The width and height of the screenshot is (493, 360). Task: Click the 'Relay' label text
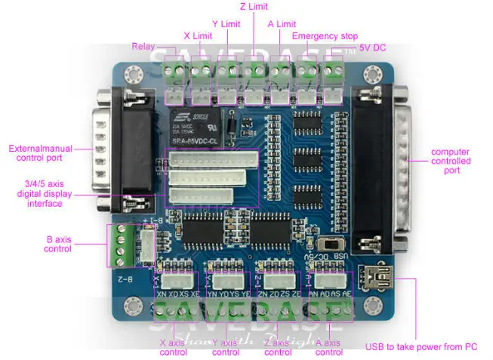coord(143,46)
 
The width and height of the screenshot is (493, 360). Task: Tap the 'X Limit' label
coord(197,35)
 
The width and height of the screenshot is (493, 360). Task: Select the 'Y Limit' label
coord(226,24)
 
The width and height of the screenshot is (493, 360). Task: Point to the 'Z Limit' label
coord(254,7)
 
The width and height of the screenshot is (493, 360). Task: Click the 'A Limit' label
coord(282,24)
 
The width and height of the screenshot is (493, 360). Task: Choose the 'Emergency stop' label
coord(325,35)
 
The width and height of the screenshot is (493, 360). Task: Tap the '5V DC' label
coord(372,47)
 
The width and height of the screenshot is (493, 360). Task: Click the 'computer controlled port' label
coord(451,161)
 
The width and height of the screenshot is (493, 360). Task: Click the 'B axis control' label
coord(57,244)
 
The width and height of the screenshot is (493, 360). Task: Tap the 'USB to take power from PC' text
coord(421,346)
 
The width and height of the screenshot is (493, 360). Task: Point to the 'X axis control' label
coord(174,346)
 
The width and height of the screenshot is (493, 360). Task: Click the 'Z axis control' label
coord(278,346)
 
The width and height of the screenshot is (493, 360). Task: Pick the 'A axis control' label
coord(329,346)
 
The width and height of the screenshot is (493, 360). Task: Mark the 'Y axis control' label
coord(226,346)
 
